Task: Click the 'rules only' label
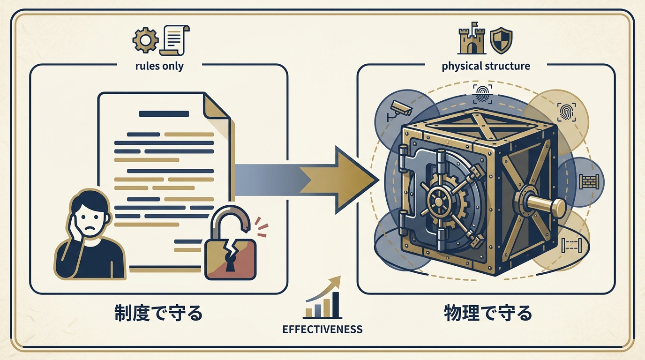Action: [x=159, y=66]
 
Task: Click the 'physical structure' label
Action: [x=486, y=66]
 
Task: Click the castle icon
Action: [x=470, y=40]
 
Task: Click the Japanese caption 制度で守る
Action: [x=158, y=313]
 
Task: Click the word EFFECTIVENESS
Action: [x=322, y=329]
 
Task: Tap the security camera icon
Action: [x=399, y=109]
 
